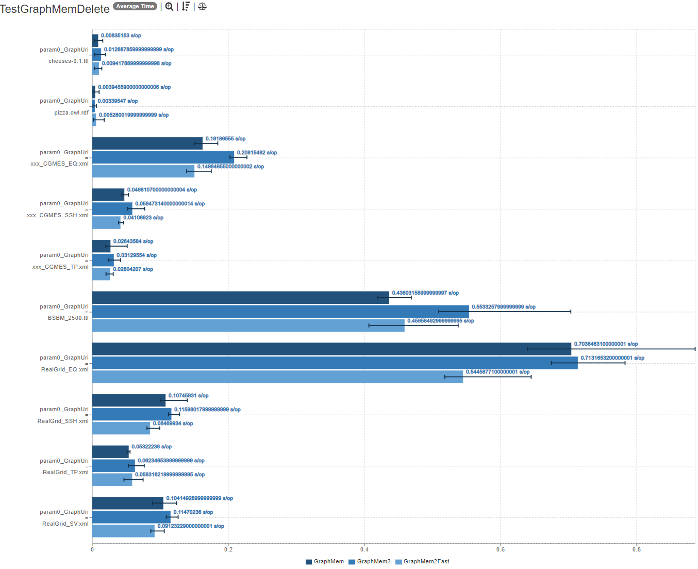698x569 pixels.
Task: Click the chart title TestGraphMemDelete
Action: (55, 9)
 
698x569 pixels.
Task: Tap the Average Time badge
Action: (135, 6)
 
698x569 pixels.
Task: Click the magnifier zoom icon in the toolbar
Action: (169, 7)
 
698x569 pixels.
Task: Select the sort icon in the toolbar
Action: (186, 7)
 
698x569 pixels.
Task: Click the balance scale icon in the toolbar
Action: (202, 7)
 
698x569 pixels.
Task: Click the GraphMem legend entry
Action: (325, 561)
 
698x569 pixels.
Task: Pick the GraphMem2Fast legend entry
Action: (422, 561)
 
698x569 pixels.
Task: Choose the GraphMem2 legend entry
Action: (370, 561)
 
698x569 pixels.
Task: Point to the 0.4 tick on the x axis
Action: (364, 549)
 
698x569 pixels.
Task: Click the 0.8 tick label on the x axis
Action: (637, 549)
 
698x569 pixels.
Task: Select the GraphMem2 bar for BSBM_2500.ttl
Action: (280, 312)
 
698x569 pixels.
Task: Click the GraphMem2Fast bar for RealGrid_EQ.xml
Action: (277, 377)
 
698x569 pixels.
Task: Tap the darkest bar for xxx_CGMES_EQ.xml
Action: (147, 143)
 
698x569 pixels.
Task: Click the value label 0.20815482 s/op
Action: (257, 153)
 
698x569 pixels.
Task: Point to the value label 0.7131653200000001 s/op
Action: (612, 358)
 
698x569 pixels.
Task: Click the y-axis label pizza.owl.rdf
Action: (71, 112)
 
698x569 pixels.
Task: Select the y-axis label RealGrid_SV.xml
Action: (65, 524)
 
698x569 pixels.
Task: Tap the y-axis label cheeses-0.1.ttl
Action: (69, 61)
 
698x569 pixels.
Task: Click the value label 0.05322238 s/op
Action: (152, 447)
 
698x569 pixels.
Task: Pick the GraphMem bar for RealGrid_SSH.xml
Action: (129, 400)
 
